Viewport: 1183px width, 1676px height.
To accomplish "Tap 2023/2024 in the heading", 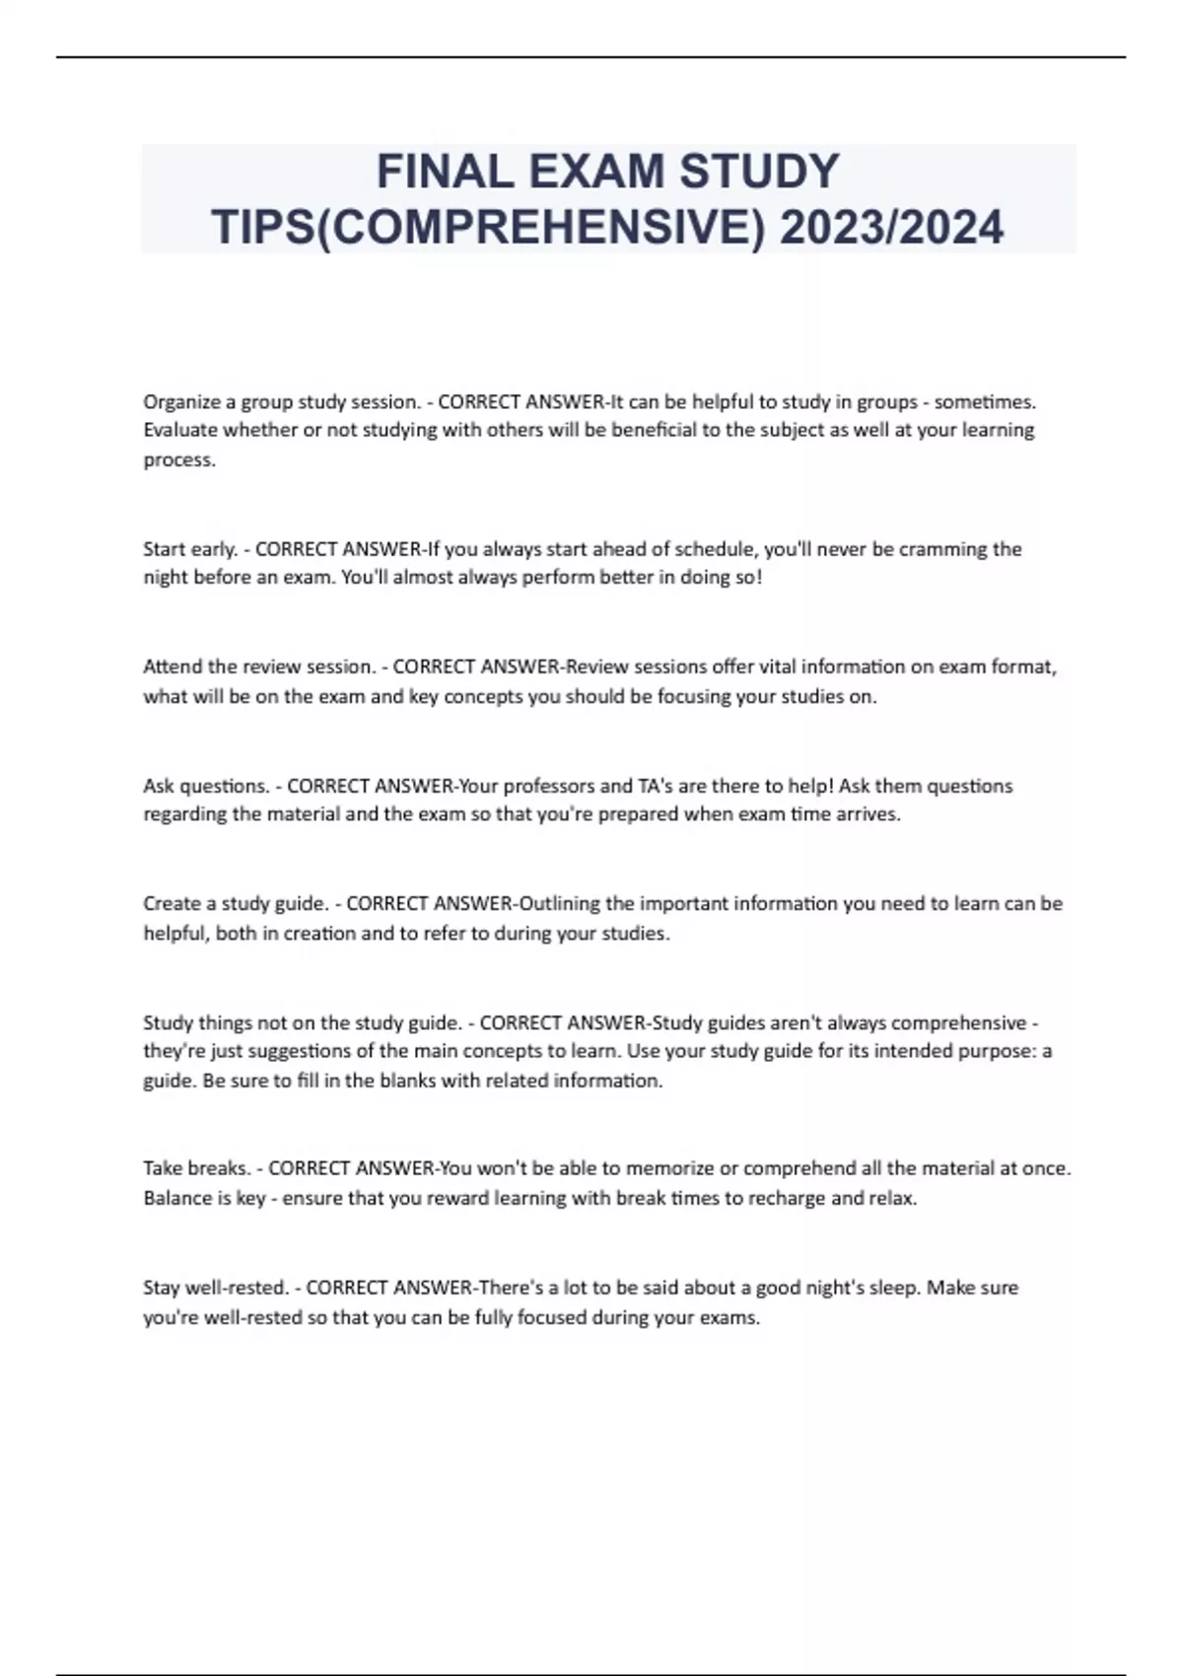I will (x=891, y=228).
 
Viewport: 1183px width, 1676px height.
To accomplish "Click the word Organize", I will (x=181, y=402).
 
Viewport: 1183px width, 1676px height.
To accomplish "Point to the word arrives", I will (x=868, y=814).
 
